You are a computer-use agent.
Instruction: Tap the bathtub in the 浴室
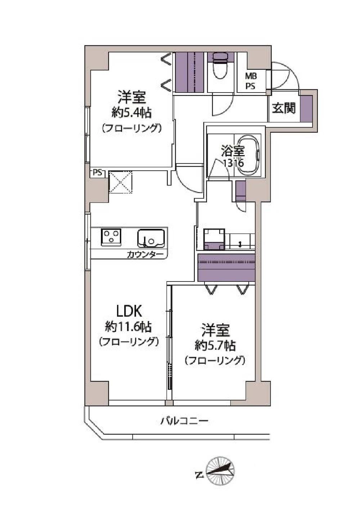coord(247,156)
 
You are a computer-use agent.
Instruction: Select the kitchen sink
coord(151,238)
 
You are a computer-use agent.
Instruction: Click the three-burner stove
coord(111,237)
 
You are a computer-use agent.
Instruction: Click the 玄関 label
coord(284,108)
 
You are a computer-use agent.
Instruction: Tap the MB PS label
coord(251,81)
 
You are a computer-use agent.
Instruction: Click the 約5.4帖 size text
coord(131,113)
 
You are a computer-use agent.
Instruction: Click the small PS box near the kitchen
coord(98,173)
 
